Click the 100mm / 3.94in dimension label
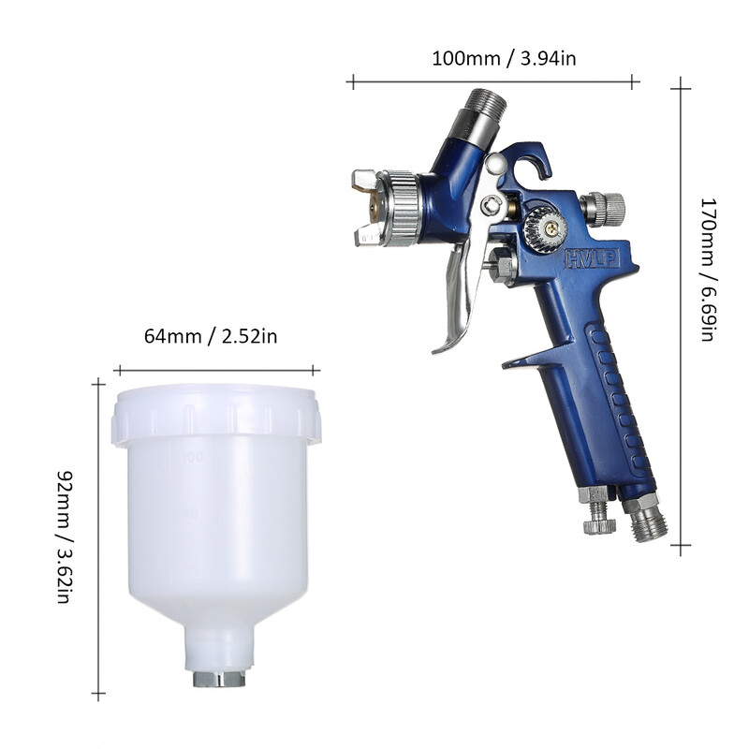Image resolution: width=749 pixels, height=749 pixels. coord(491,58)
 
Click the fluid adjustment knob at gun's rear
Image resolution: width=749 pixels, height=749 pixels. coord(605,209)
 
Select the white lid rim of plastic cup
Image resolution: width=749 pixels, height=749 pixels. coord(215,416)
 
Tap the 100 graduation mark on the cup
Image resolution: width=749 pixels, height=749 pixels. coord(195,458)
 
